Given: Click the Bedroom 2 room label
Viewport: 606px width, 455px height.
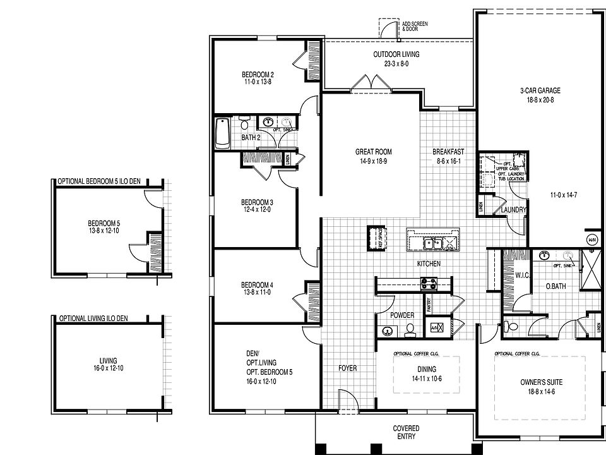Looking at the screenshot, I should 257,74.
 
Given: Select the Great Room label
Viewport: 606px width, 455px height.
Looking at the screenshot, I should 374,152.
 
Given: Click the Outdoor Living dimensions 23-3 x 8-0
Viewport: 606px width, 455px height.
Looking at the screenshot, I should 396,63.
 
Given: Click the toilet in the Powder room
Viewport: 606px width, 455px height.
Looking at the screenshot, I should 409,329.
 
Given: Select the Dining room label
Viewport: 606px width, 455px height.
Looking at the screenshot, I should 427,370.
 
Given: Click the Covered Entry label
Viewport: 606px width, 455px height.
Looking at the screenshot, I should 406,433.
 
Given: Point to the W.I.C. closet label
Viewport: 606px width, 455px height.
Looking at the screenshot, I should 523,276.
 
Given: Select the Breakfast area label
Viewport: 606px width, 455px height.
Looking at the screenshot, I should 448,152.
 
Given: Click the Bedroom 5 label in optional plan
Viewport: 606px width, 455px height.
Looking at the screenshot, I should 104,223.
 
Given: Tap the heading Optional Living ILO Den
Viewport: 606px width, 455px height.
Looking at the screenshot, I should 93,318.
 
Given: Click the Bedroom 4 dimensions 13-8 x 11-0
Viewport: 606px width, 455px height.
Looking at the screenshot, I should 256,292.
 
